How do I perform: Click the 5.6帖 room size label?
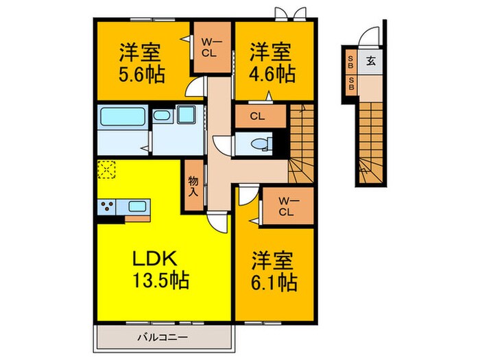tap(142, 74)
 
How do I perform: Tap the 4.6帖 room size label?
tap(272, 74)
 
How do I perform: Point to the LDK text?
tap(154, 259)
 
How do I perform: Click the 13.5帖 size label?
tap(160, 280)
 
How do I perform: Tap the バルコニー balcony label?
tap(163, 338)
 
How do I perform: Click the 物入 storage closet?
tap(193, 186)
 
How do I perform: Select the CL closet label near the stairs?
tap(257, 117)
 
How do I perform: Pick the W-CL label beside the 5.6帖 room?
tap(209, 49)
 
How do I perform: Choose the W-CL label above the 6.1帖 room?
tap(286, 206)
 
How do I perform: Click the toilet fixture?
tap(261, 143)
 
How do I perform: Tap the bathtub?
tap(123, 117)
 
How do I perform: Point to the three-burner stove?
tap(107, 206)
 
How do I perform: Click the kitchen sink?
tap(137, 206)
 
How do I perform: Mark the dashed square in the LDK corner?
tap(106, 169)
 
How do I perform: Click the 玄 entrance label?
tap(371, 61)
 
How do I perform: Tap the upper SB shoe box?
tap(350, 62)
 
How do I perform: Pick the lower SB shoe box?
tap(351, 84)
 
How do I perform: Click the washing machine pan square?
tap(186, 115)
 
